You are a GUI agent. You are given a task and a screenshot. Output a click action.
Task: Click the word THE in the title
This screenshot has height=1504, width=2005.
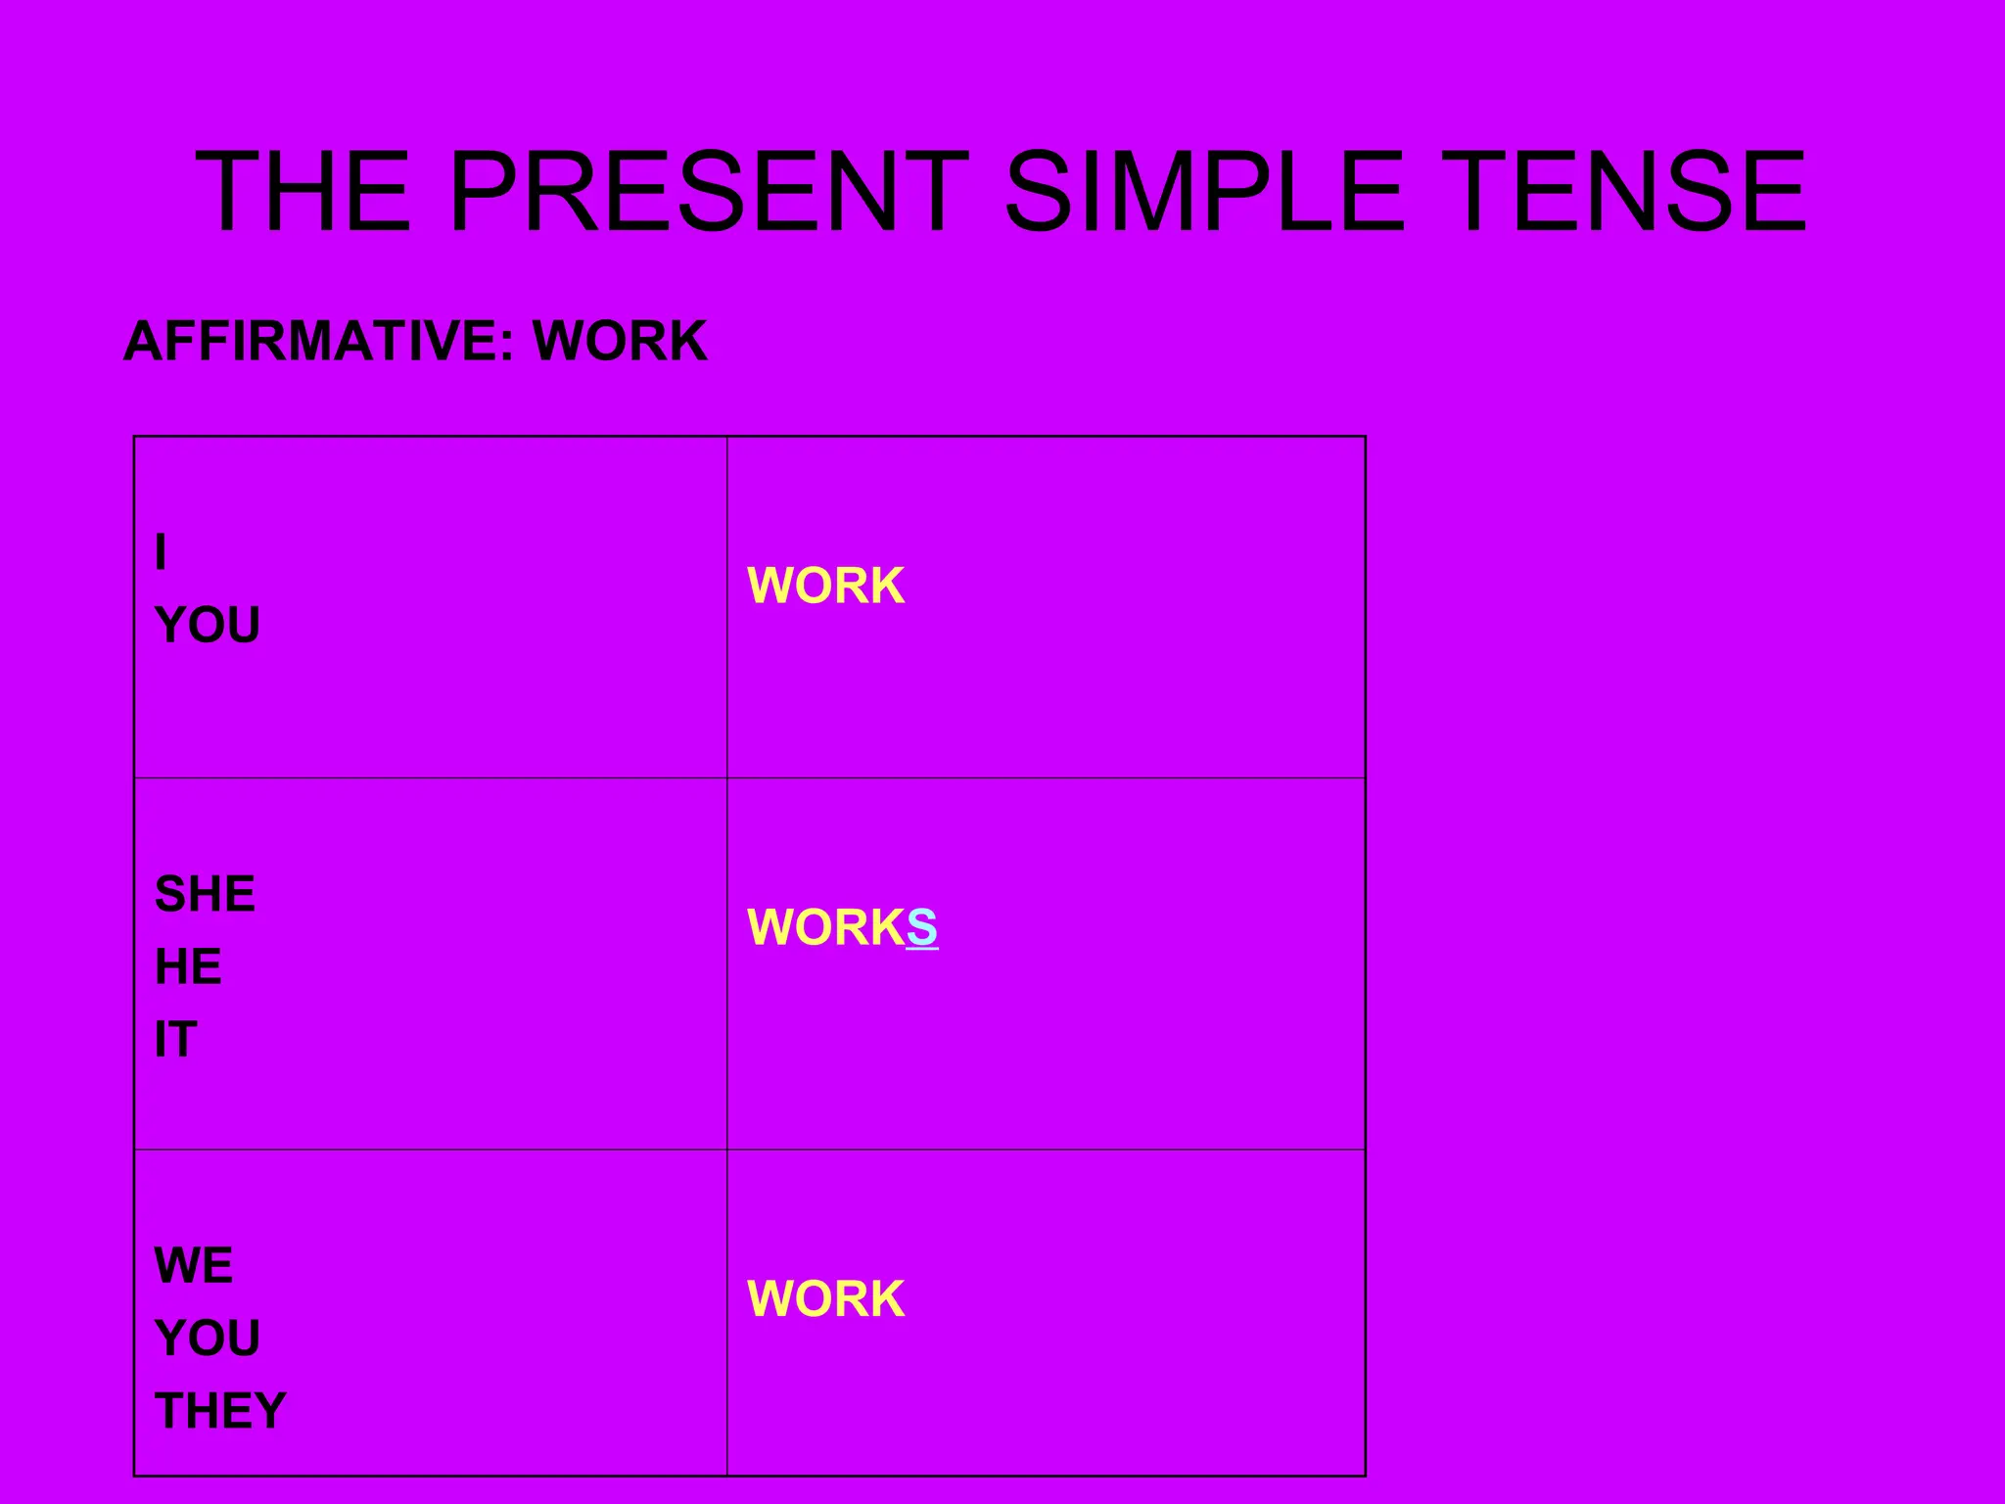pos(303,191)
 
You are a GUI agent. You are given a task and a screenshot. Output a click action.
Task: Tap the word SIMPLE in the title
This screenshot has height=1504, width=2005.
pos(1204,191)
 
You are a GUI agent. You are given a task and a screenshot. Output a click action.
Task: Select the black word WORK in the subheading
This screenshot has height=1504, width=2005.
pos(620,341)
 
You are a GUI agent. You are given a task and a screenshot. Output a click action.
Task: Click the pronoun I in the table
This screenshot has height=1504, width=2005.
pos(161,552)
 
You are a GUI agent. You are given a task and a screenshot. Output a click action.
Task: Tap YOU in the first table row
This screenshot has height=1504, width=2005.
pos(208,625)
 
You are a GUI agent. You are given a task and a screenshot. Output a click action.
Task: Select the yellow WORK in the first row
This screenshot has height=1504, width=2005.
pos(825,586)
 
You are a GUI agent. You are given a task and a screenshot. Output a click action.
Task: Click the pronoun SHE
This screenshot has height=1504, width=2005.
pos(205,894)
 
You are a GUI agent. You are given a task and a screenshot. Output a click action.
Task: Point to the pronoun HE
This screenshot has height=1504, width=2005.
pos(188,966)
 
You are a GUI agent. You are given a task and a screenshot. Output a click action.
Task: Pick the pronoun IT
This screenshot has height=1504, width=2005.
pos(176,1039)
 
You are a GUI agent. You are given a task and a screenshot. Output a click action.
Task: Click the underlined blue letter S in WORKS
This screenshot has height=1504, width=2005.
pos(922,926)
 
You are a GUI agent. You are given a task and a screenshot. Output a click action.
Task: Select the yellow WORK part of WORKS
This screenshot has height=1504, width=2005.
pos(825,926)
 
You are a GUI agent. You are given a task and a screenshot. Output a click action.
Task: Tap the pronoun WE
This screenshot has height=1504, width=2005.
pos(194,1265)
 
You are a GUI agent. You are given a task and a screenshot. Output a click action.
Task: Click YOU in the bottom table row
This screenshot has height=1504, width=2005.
pos(208,1338)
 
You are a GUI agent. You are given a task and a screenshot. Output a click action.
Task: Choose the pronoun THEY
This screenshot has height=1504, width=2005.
pos(220,1411)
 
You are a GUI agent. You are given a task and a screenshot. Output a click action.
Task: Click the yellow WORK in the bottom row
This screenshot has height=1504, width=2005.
pos(825,1298)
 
